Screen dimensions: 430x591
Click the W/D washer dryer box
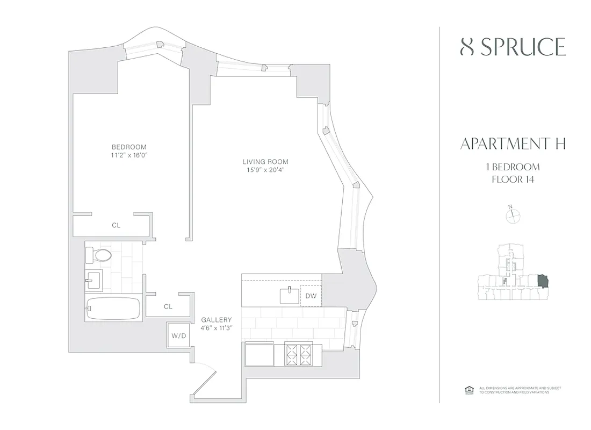pyautogui.click(x=178, y=336)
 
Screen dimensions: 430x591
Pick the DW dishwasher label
pyautogui.click(x=311, y=296)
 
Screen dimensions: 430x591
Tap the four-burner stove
pyautogui.click(x=298, y=355)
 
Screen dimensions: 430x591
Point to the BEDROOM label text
pyautogui.click(x=129, y=147)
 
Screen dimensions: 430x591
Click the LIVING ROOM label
pyautogui.click(x=265, y=161)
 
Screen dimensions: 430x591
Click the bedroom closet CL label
pyautogui.click(x=116, y=226)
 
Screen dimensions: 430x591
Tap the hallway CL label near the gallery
pyautogui.click(x=168, y=306)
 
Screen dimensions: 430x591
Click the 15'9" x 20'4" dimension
pyautogui.click(x=265, y=171)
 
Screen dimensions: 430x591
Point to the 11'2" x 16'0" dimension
pyautogui.click(x=129, y=156)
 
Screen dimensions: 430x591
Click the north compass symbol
pyautogui.click(x=514, y=215)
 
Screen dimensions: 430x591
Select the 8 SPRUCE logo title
pyautogui.click(x=513, y=48)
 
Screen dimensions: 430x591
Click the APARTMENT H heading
pyautogui.click(x=513, y=144)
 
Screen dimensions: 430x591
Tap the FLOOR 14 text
pyautogui.click(x=513, y=179)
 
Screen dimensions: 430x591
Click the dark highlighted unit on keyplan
pyautogui.click(x=543, y=281)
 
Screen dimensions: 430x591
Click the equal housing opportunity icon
pyautogui.click(x=467, y=390)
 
